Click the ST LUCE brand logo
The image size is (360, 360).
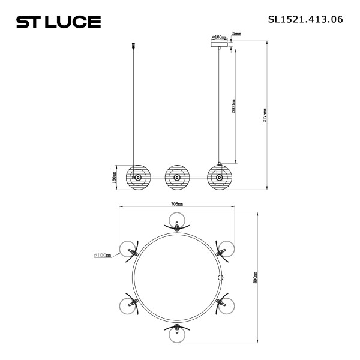(58, 22)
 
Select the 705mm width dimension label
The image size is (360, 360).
(176, 204)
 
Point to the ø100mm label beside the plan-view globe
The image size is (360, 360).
(103, 255)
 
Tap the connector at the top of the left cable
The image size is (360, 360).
(132, 45)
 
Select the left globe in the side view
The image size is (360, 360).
(137, 177)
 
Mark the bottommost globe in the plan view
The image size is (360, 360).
(177, 333)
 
